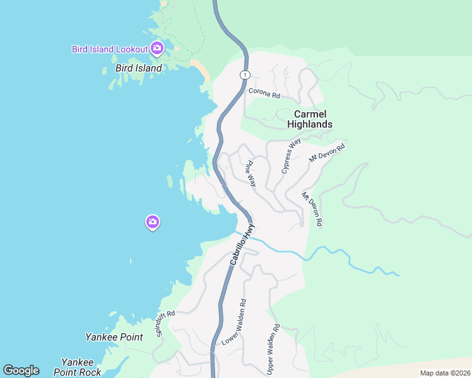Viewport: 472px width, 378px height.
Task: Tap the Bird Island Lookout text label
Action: coord(110,49)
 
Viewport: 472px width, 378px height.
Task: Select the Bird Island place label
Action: coord(139,67)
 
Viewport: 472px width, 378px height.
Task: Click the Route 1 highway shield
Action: coord(243,75)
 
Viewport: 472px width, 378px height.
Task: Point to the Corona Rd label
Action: coord(264,93)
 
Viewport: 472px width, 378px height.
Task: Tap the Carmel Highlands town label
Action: coord(309,119)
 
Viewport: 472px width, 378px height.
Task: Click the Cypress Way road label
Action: coord(291,157)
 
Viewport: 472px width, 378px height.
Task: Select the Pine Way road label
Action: coord(251,173)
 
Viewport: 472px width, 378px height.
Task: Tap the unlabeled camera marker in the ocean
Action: coord(152,222)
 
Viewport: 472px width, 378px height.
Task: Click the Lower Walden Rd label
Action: coord(234,322)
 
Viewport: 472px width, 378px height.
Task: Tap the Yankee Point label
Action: coord(114,337)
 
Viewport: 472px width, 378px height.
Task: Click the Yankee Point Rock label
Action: coord(81,367)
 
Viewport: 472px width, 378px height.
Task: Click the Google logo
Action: coord(21,370)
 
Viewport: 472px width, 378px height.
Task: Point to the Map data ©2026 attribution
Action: coord(445,373)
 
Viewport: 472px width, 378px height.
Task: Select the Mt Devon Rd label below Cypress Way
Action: coord(312,209)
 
